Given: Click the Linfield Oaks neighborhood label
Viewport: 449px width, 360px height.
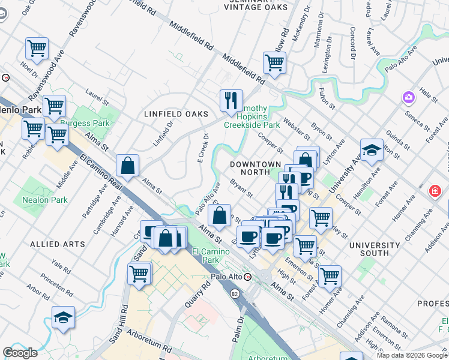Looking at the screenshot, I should [x=176, y=114].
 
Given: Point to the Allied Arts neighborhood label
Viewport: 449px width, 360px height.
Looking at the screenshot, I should [x=54, y=244].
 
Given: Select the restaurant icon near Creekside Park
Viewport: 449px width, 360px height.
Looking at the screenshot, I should [x=231, y=100].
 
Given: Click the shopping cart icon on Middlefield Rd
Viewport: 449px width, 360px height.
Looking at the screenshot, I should [x=274, y=62].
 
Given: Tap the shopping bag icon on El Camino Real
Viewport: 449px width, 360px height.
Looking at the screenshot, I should [x=128, y=166].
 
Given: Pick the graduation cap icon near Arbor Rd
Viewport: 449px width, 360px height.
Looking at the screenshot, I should [x=63, y=317].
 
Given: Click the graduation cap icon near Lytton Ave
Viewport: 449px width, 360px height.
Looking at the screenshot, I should [x=372, y=150].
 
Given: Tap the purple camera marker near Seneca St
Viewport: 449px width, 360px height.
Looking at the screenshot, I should [x=409, y=97].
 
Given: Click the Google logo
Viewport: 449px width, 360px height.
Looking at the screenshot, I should [x=20, y=352].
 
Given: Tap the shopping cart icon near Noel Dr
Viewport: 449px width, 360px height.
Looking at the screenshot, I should [x=37, y=49].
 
